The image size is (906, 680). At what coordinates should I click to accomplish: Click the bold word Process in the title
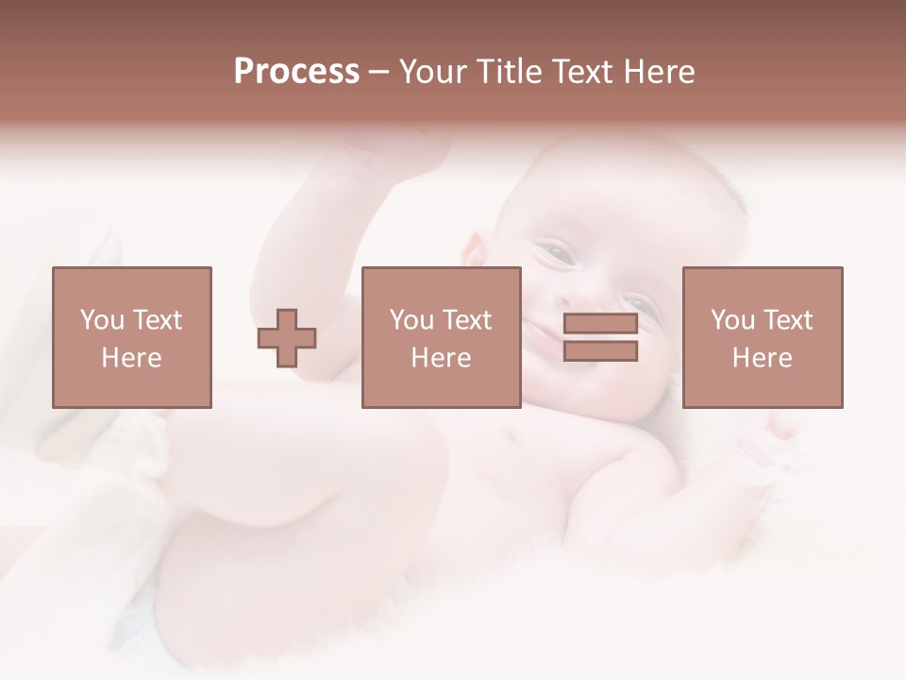pos(296,72)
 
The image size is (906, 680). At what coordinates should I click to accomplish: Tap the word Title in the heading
pos(510,72)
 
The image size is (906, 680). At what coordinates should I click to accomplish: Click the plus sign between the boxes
pos(287,338)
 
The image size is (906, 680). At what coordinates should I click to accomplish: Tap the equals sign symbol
pos(600,338)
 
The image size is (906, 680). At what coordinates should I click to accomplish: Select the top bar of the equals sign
pos(600,324)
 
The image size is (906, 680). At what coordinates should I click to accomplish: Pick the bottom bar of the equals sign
pos(600,351)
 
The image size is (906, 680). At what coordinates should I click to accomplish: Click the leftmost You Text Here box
pos(131,337)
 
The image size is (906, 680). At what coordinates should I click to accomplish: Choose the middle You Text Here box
pos(441,337)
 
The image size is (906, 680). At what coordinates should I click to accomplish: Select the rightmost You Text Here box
pos(762,337)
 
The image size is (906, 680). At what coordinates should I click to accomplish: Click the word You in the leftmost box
pos(102,320)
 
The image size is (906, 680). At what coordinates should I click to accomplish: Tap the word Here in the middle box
pos(441,358)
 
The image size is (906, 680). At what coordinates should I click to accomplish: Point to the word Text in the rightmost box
pos(786,320)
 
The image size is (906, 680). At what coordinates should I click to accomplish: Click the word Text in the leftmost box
pos(156,320)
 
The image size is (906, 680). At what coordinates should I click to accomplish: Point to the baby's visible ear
pos(474,253)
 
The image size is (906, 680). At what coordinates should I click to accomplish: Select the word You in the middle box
pos(411,320)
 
